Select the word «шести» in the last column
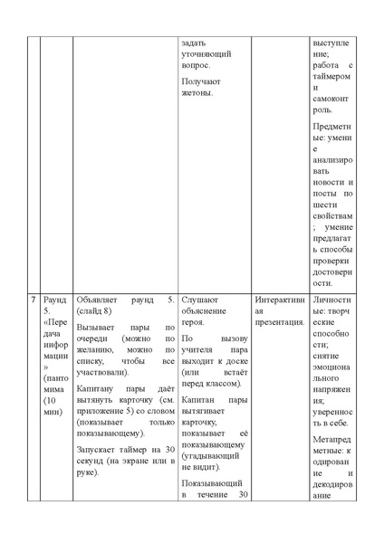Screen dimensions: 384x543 (x=324, y=205)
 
